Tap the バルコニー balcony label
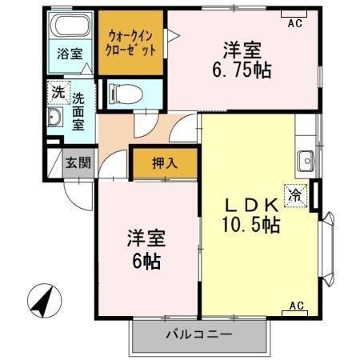coord(198,334)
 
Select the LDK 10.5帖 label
coord(250,215)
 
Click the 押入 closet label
coord(166,162)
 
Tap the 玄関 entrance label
coord(78,163)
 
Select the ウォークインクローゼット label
coord(130,42)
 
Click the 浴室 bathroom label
coord(69,54)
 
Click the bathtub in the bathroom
coord(69,26)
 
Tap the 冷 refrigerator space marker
coord(295,194)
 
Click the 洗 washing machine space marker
coord(58,91)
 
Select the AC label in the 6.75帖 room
coord(294,23)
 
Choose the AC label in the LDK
coord(295,306)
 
